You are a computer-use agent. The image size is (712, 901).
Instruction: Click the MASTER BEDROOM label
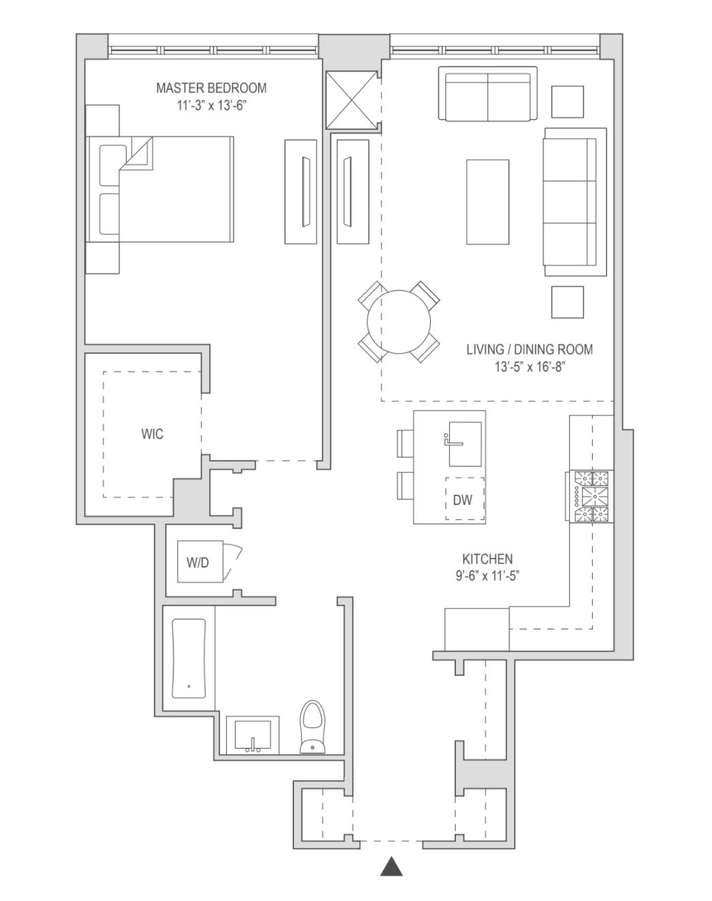[211, 88]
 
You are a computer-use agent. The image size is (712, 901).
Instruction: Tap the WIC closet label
[152, 434]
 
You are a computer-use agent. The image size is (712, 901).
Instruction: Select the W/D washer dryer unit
[199, 562]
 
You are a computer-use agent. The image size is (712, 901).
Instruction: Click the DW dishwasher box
[464, 500]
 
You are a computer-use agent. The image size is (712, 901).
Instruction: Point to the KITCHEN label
[487, 559]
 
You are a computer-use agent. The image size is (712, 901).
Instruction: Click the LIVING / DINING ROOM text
[529, 350]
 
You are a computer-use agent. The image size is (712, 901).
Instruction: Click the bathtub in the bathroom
[189, 658]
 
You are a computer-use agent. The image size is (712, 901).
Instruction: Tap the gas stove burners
[591, 497]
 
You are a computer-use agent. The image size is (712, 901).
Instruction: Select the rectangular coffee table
[487, 201]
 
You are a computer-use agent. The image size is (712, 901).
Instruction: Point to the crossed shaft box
[351, 100]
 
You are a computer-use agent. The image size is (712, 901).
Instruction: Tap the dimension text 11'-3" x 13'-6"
[210, 105]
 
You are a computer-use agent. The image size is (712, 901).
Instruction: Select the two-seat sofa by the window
[487, 94]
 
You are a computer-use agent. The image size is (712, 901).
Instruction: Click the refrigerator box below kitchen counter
[476, 629]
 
